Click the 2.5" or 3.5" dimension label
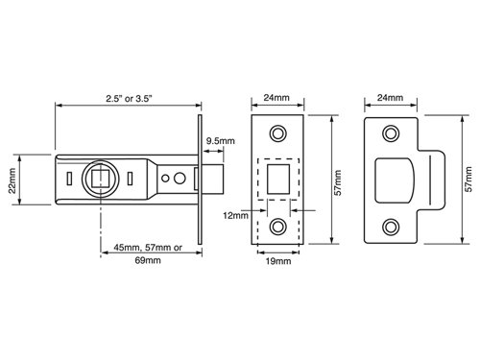(129, 98)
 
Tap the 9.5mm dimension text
(220, 141)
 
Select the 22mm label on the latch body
(12, 180)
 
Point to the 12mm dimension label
(235, 216)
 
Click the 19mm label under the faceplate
(278, 261)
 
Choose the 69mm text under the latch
(148, 260)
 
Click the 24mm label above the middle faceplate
(276, 97)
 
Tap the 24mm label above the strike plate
(390, 97)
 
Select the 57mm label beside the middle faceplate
(338, 182)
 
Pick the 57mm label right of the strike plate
(468, 180)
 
